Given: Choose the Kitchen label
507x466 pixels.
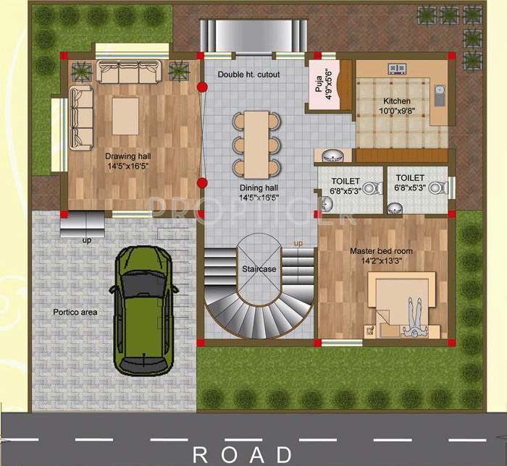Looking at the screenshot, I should point(396,106).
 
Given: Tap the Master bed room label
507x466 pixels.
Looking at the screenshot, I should point(381,255).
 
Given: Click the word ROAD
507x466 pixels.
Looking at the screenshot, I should point(242,454).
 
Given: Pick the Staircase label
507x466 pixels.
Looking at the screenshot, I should point(259,269).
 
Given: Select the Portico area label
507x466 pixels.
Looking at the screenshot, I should point(75,312).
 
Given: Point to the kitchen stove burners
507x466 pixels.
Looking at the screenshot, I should point(397,69).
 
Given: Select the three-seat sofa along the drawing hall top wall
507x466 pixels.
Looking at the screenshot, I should point(129,71).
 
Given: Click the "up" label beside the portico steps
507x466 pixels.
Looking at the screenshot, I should point(86,239).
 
